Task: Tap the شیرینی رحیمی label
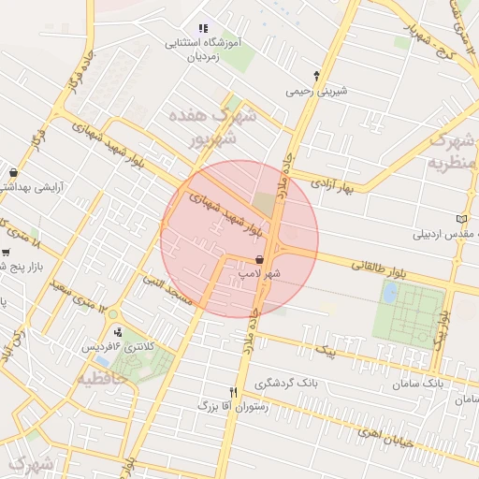pos(317,91)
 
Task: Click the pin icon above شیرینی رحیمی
pos(316,75)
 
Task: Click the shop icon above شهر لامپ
pos(259,259)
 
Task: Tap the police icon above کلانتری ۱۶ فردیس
pos(116,331)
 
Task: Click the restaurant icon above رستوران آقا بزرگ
pos(234,392)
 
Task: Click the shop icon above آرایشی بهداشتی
pos(12,173)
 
